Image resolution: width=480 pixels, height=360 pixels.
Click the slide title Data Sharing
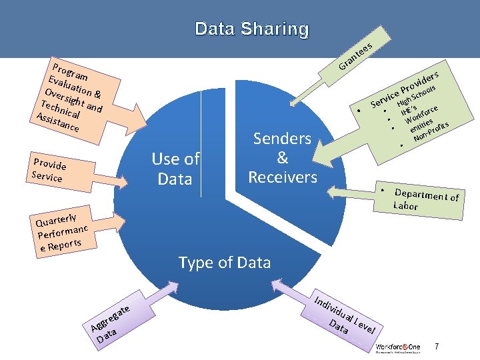[x=252, y=29]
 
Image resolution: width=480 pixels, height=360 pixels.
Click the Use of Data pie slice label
[x=175, y=169]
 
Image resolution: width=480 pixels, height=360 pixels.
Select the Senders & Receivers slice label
[x=282, y=158]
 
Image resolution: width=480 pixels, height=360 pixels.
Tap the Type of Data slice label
[x=225, y=263]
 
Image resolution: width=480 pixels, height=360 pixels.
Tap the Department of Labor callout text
[x=425, y=199]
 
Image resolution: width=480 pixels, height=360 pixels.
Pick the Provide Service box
[x=49, y=171]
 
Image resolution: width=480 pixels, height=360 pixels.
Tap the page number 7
[x=437, y=346]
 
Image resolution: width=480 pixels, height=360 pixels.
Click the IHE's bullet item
[x=409, y=107]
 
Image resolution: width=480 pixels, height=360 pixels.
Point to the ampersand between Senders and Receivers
[x=282, y=158]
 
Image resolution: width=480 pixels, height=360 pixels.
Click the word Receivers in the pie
[x=282, y=177]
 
